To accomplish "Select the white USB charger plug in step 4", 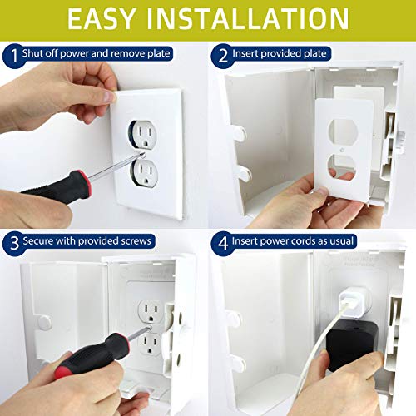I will (x=343, y=296).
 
